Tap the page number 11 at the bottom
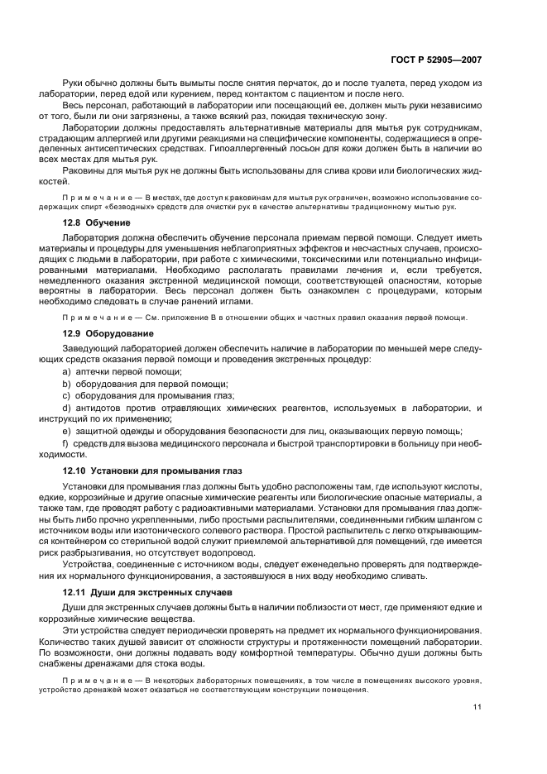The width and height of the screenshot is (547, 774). [x=477, y=707]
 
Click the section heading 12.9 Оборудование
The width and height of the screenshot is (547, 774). [x=102, y=332]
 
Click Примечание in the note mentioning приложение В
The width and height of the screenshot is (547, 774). [x=92, y=318]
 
